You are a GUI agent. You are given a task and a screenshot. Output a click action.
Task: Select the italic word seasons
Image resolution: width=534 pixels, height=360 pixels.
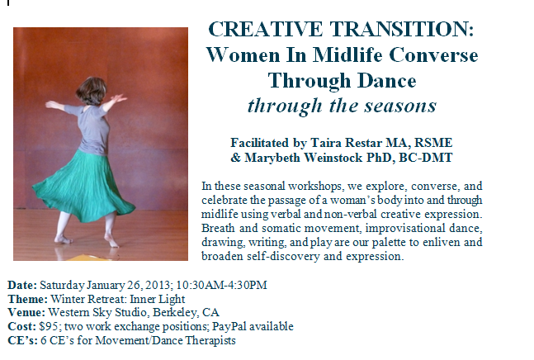coord(400,106)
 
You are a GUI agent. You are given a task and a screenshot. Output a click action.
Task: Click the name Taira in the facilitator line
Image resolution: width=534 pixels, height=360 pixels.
coord(325,142)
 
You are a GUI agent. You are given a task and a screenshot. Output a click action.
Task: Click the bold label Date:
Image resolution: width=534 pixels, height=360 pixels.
coord(22,285)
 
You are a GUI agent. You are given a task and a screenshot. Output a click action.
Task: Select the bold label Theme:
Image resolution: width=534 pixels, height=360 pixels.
coord(27,299)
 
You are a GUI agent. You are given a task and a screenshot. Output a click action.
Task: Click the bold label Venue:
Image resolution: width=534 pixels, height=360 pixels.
coord(26,312)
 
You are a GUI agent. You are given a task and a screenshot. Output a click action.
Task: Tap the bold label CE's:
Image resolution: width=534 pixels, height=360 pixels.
coord(22,340)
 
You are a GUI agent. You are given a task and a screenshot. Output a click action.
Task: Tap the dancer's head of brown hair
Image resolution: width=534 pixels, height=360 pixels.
coord(92,91)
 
